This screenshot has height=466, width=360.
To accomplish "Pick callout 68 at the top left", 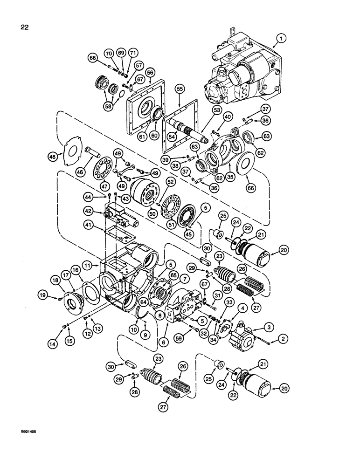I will click(92, 58).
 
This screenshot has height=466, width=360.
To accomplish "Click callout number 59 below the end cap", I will click(180, 332).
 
